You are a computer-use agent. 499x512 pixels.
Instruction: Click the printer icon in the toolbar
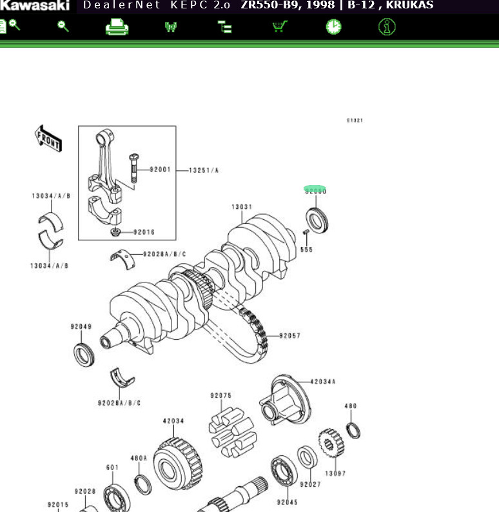click(117, 27)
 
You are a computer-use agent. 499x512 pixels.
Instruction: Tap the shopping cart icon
click(279, 27)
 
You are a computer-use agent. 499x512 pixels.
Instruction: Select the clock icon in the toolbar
click(333, 27)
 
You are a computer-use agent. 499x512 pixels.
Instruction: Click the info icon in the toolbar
click(387, 27)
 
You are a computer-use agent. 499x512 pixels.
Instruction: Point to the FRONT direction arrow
click(48, 138)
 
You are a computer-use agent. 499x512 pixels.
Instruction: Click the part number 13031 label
click(242, 207)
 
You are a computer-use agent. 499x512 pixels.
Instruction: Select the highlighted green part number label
click(315, 191)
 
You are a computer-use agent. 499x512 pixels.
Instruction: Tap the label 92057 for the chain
click(289, 336)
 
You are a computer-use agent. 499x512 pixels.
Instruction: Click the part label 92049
click(81, 326)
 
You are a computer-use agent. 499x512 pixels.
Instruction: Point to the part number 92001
click(160, 170)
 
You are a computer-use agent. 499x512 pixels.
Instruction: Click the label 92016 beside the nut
click(144, 232)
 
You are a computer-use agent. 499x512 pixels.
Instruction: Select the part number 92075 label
click(220, 395)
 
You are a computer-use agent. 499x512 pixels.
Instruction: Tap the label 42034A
click(323, 382)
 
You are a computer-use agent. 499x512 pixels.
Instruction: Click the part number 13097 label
click(335, 473)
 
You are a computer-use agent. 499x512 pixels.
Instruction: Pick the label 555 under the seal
click(306, 250)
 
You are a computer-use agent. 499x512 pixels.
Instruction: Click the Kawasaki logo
click(35, 6)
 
